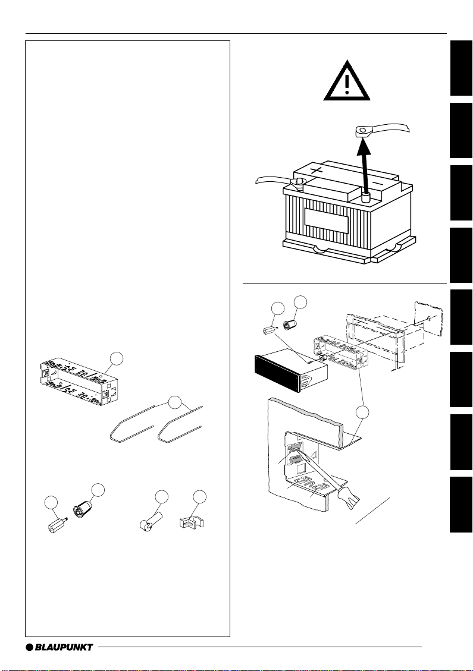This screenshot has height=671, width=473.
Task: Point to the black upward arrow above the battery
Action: pyautogui.click(x=365, y=160)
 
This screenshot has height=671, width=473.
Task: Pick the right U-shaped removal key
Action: pyautogui.click(x=181, y=425)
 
